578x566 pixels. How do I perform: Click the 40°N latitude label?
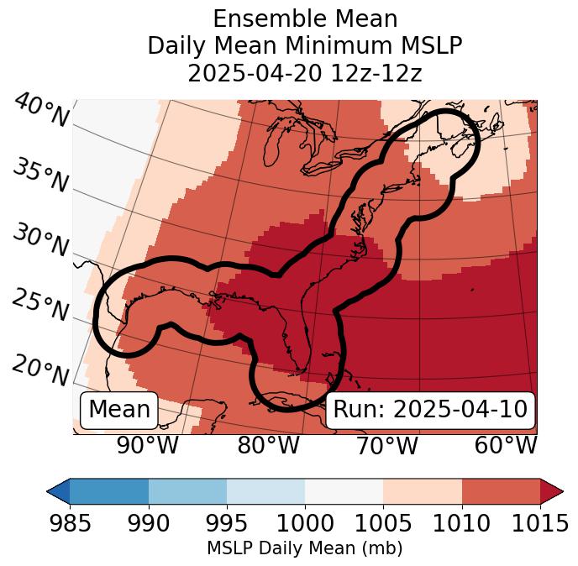(41, 111)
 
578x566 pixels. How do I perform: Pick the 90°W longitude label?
(147, 445)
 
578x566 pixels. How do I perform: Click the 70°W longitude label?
(386, 445)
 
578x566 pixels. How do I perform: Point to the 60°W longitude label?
(506, 445)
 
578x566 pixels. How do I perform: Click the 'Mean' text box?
(119, 410)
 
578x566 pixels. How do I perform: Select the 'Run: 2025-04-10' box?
(430, 410)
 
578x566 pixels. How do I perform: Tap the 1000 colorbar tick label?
(304, 523)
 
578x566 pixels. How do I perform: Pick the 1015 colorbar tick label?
(539, 523)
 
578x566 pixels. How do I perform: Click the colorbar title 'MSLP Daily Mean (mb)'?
(304, 548)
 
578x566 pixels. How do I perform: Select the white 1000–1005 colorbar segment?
(344, 490)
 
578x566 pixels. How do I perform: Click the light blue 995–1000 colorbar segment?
(265, 490)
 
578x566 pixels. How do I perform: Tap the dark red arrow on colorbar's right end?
(552, 490)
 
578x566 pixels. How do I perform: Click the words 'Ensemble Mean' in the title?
(304, 18)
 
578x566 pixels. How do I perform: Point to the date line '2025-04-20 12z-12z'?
(304, 73)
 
